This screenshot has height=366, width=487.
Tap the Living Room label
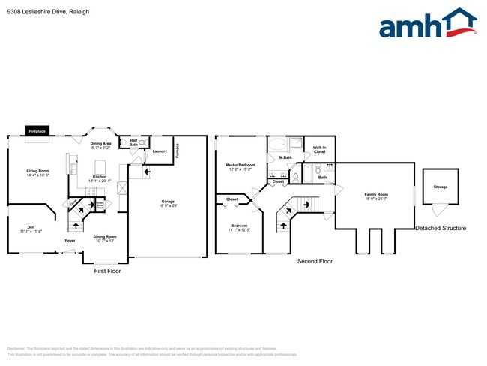[37, 173]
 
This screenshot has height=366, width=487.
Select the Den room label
[31, 228]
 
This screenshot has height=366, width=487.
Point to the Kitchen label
[100, 178]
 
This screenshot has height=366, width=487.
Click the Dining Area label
[101, 145]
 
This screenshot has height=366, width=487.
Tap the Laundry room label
[160, 151]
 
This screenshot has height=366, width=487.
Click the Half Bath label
[133, 141]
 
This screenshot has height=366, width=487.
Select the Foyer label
[70, 241]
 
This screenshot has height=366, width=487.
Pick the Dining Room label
[105, 238]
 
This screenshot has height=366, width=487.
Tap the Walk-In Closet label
[319, 150]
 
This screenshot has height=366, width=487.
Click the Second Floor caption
[315, 261]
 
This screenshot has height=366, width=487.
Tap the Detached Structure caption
[441, 229]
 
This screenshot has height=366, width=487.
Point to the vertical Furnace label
[178, 149]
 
